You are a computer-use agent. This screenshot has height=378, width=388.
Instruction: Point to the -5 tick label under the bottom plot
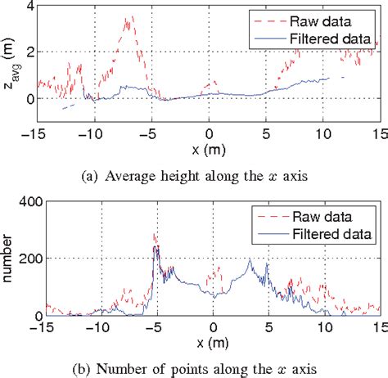154,326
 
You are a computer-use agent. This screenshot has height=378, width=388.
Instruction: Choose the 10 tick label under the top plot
321,133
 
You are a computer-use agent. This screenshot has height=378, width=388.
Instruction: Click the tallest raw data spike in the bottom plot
155,235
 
